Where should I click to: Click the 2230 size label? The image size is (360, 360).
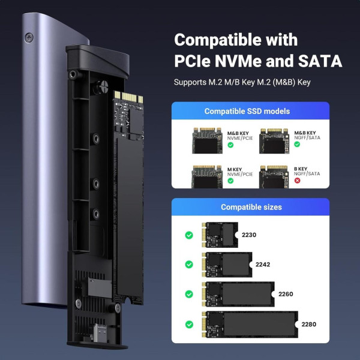(248, 235)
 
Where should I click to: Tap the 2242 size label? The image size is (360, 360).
(263, 264)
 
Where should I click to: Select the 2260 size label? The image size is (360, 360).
(286, 294)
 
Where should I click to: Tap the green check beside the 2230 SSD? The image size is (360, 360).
(189, 235)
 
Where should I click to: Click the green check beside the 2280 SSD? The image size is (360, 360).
(189, 325)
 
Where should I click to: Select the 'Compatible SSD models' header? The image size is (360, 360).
(247, 111)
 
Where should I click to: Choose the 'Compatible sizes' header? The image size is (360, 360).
(251, 207)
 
